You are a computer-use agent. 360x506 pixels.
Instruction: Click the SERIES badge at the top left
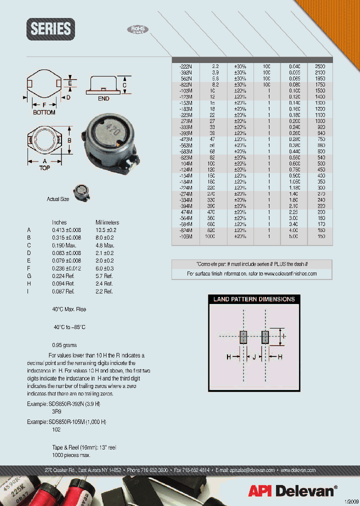click(x=50, y=29)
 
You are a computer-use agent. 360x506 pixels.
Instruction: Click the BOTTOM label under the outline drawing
click(x=44, y=112)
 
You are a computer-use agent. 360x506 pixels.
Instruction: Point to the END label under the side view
click(x=103, y=99)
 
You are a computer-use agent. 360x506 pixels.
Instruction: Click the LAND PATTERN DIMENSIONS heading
click(x=254, y=299)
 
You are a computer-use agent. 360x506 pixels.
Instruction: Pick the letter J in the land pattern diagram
click(x=254, y=357)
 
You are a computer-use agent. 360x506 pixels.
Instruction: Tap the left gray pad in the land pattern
click(x=243, y=337)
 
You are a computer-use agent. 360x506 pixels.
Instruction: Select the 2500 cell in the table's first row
click(x=320, y=66)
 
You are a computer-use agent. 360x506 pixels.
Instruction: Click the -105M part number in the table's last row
click(x=185, y=236)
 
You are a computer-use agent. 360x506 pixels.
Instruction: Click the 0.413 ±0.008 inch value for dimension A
click(x=66, y=230)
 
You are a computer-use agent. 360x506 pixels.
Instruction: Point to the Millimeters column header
click(x=107, y=222)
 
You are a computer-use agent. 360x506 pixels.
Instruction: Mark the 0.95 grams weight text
click(x=64, y=345)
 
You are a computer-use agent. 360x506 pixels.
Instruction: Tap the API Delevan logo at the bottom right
click(x=292, y=490)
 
